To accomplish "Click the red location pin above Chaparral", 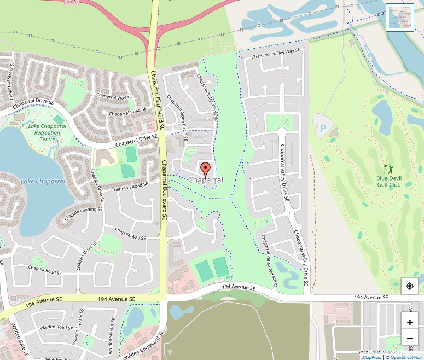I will [x=206, y=169].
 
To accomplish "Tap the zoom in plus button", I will [x=410, y=322].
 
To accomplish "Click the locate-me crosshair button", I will [x=410, y=286].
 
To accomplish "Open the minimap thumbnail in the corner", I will [x=399, y=18].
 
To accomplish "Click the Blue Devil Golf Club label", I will [x=389, y=182].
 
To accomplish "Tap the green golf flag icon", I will [x=388, y=169].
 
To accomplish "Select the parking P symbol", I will [x=323, y=130].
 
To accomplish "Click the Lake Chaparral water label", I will [x=43, y=181].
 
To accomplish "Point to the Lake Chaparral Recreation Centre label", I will [x=47, y=132].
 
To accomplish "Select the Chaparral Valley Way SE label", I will [x=276, y=54].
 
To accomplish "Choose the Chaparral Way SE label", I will [x=114, y=97].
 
